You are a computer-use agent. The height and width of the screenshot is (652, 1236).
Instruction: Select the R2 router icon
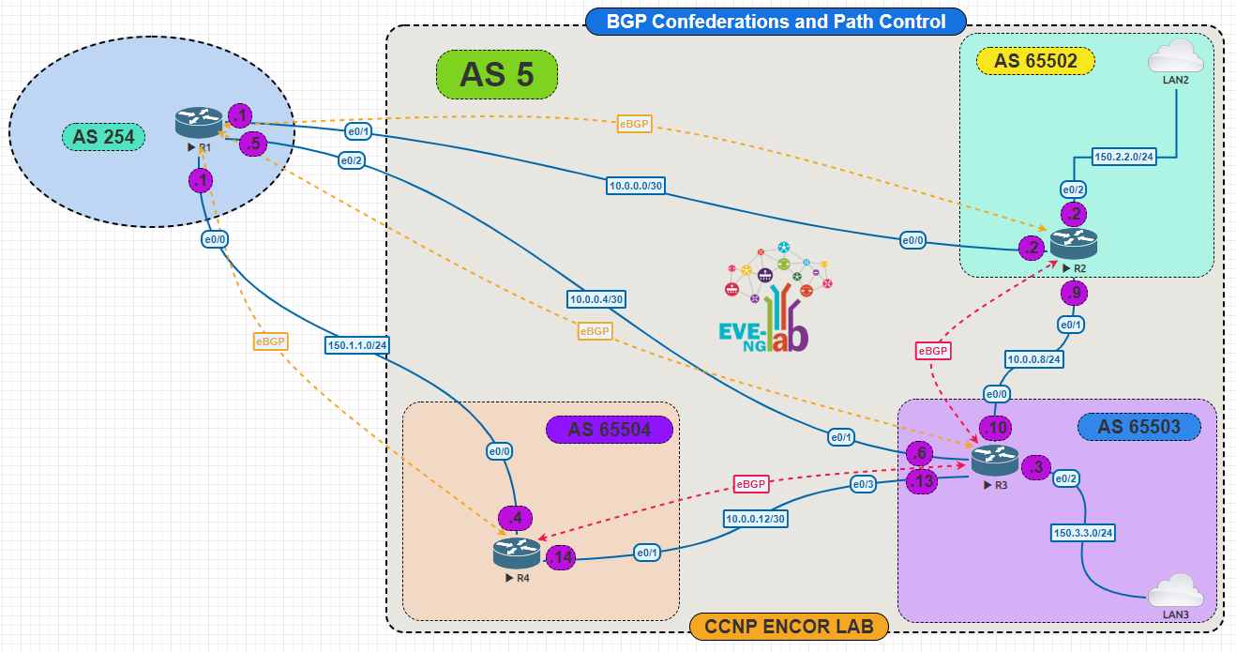coord(1073,244)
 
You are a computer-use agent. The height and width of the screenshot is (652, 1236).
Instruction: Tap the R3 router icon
coord(994,460)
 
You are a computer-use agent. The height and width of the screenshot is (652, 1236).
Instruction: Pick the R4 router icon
coord(517,552)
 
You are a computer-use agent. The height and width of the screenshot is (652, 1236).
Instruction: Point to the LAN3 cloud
coord(1175,592)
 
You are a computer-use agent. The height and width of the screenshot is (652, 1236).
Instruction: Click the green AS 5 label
coord(497,75)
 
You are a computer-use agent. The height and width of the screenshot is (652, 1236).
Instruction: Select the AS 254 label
coord(103,137)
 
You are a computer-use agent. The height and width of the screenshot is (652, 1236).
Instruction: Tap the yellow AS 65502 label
coord(1035,61)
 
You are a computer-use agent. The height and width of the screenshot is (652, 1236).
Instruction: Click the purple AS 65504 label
coord(610,430)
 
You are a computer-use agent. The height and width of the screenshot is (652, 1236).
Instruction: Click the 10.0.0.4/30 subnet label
coord(596,298)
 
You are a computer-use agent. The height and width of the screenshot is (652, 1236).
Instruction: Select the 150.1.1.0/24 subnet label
coord(357,344)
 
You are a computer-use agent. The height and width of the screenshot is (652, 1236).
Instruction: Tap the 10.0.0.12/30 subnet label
coord(755,517)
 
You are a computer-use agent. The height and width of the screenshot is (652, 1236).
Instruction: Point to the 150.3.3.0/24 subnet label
coord(1083,532)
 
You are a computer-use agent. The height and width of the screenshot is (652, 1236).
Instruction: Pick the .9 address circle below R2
coord(1074,294)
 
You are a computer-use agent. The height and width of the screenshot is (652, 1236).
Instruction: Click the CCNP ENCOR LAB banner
coord(788,626)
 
